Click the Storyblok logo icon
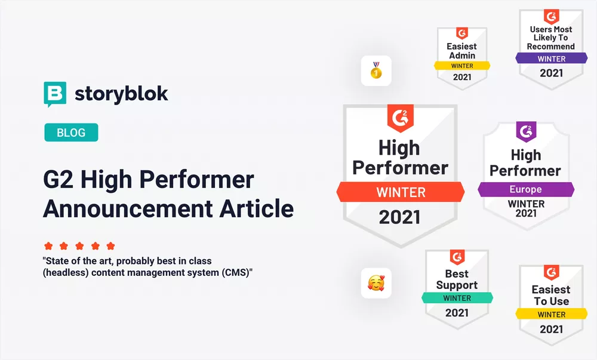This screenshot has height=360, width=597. (56, 94)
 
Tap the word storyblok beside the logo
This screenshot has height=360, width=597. (121, 94)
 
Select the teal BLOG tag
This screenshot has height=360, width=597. (71, 133)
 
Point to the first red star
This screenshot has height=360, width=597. (48, 246)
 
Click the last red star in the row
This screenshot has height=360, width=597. (110, 246)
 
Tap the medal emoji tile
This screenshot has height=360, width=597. (376, 71)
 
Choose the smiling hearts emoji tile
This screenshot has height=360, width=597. (376, 283)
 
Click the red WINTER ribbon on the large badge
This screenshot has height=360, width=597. (401, 192)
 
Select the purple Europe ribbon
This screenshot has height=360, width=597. (525, 190)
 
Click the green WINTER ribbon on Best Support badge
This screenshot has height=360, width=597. (457, 298)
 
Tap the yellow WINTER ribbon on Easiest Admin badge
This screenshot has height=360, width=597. (462, 66)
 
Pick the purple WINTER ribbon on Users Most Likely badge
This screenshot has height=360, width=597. (551, 59)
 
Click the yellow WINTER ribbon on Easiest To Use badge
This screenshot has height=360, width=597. (551, 315)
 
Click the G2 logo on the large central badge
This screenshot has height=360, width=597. (400, 118)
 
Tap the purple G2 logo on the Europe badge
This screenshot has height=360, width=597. (526, 131)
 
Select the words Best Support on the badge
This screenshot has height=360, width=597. (457, 279)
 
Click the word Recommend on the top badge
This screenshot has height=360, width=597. (551, 47)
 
